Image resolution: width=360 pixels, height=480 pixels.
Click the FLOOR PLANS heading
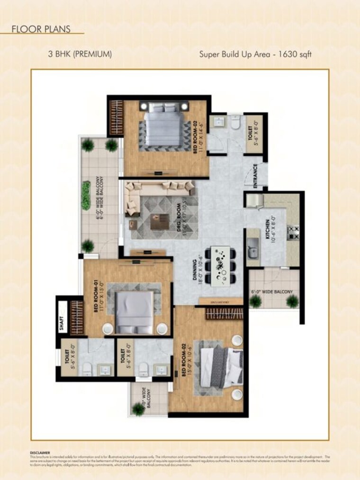click(41, 29)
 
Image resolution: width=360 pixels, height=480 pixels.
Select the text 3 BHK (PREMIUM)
click(80, 54)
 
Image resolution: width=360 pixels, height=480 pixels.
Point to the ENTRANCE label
click(255, 176)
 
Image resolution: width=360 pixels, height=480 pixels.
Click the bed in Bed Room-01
click(135, 312)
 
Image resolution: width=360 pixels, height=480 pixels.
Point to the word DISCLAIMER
click(40, 453)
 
